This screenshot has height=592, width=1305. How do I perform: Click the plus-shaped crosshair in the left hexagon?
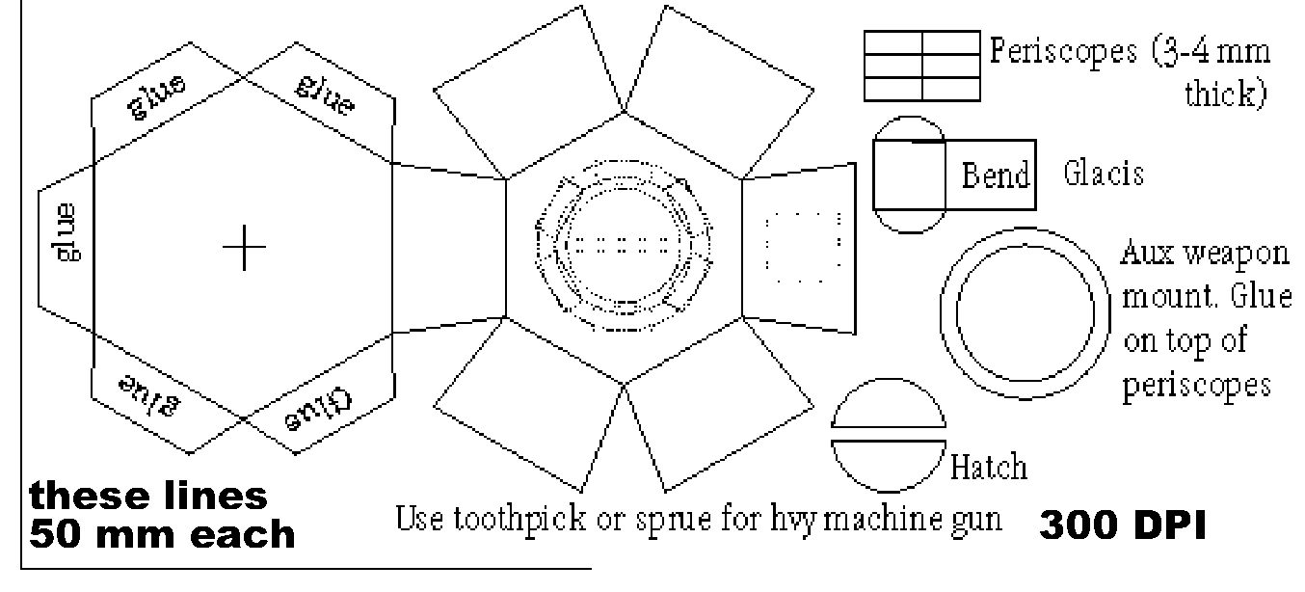pos(244,247)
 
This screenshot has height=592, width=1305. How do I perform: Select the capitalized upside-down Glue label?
pos(319,410)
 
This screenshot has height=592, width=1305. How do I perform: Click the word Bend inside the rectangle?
pos(996,175)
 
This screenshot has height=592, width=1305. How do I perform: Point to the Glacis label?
pos(1104,173)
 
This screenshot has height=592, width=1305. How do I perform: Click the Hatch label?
pos(989,466)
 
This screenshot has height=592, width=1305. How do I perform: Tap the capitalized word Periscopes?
pos(1063,52)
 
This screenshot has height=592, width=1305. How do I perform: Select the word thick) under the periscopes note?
pos(1226,94)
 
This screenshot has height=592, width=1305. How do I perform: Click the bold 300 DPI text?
pos(1122,525)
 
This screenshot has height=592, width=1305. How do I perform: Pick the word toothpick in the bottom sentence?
pos(519,518)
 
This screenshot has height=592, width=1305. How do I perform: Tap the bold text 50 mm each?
pos(162,534)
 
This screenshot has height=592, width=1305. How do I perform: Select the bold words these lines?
pos(148,496)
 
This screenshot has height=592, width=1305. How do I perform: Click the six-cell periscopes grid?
pos(922,66)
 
